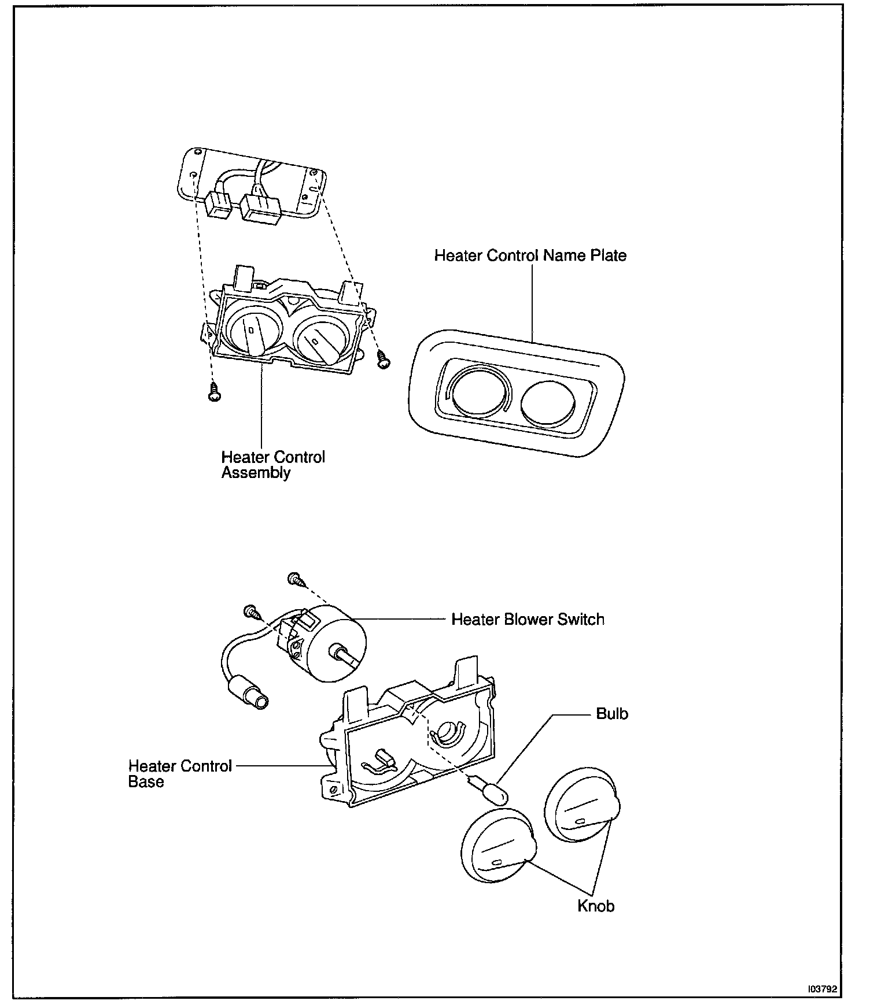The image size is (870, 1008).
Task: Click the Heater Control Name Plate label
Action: [530, 255]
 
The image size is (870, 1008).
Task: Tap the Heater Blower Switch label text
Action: [527, 620]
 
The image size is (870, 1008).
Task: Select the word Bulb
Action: [611, 714]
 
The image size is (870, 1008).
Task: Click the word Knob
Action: [595, 906]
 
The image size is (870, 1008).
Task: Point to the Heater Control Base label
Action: [179, 774]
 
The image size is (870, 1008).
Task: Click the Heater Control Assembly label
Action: [272, 465]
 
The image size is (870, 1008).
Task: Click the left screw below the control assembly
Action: [215, 392]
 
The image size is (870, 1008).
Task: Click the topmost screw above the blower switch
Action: [294, 578]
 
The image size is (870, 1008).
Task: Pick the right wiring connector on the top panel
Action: [260, 207]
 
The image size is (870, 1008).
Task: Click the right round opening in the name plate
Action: [548, 403]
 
